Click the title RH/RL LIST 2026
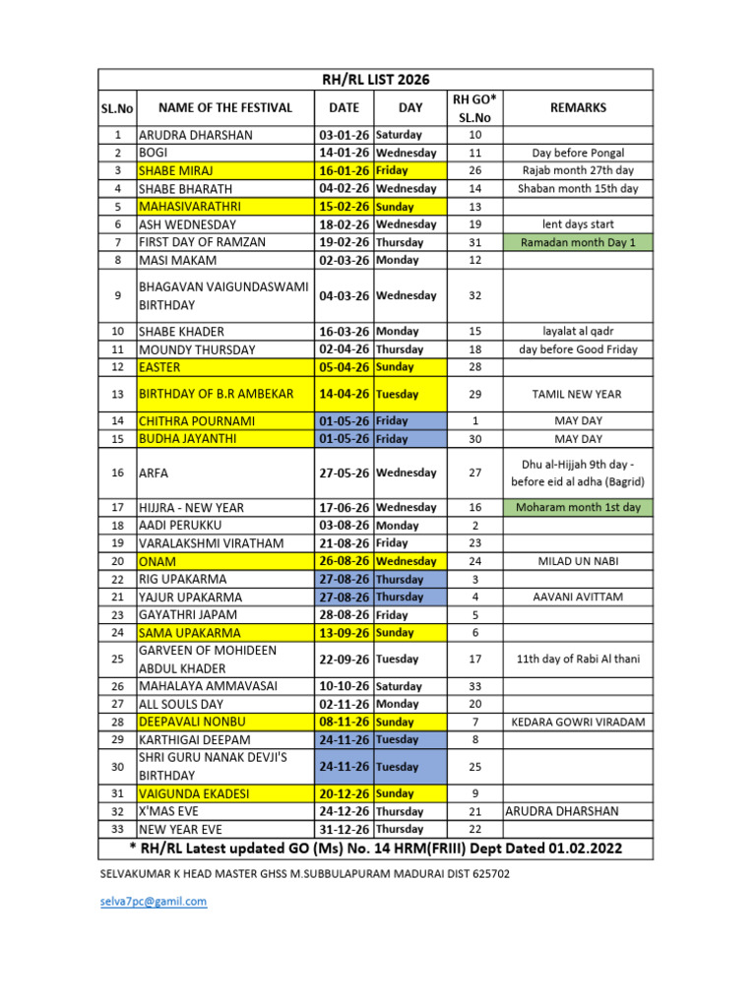pyautogui.click(x=377, y=80)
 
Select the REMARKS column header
pyautogui.click(x=578, y=107)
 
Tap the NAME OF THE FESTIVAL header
pyautogui.click(x=225, y=107)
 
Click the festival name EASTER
pyautogui.click(x=159, y=367)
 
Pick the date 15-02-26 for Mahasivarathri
pyautogui.click(x=344, y=207)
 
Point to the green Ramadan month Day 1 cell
pyautogui.click(x=578, y=242)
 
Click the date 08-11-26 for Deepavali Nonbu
pyautogui.click(x=344, y=722)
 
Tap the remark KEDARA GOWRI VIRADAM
pyautogui.click(x=578, y=722)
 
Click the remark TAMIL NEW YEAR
pyautogui.click(x=578, y=394)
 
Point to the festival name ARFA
pyautogui.click(x=154, y=472)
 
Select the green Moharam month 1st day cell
pyautogui.click(x=578, y=508)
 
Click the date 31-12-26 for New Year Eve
pyautogui.click(x=344, y=829)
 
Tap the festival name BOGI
pyautogui.click(x=154, y=153)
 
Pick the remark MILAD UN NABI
pyautogui.click(x=578, y=561)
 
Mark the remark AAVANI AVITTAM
pyautogui.click(x=578, y=597)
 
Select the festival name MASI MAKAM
pyautogui.click(x=178, y=260)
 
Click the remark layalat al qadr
pyautogui.click(x=578, y=332)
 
